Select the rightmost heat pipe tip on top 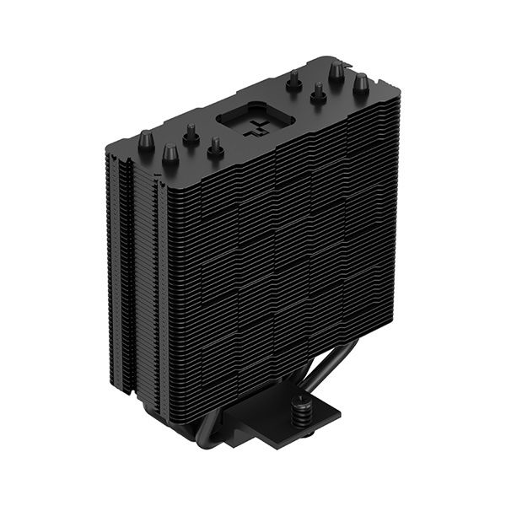coord(361,83)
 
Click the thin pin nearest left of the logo coord(216,146)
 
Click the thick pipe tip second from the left coord(170,153)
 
